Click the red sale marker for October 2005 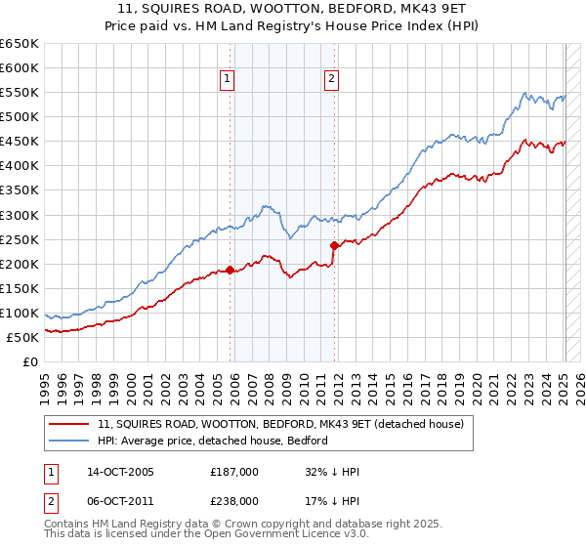(230, 270)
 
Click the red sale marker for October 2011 (334, 245)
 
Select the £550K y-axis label (20, 93)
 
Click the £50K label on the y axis (23, 337)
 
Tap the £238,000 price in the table (234, 500)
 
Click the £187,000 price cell (234, 472)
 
